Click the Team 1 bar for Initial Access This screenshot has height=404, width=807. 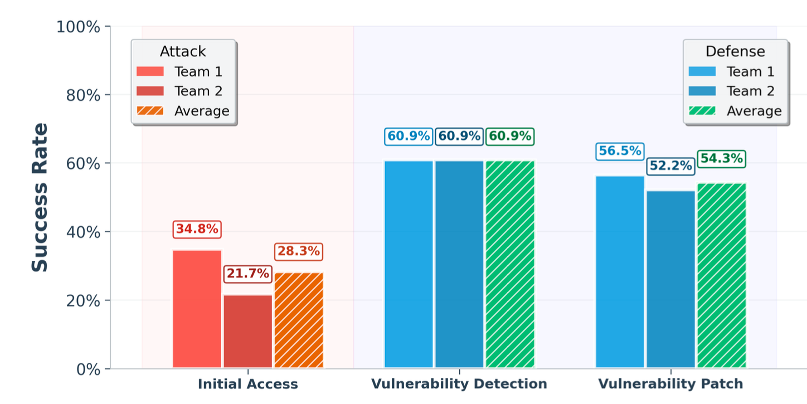[197, 309]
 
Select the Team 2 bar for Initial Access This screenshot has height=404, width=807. [248, 331]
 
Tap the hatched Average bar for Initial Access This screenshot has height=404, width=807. [299, 320]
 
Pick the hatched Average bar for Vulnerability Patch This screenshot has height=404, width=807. [722, 275]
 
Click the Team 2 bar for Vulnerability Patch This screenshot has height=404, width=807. [671, 279]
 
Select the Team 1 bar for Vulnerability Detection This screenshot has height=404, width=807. [409, 264]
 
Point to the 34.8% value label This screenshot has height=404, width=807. [197, 229]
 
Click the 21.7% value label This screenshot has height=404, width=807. [247, 274]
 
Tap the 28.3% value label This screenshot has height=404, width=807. [299, 251]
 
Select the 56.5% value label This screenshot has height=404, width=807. [620, 151]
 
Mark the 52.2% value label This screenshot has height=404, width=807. [670, 166]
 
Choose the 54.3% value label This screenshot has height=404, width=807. [722, 159]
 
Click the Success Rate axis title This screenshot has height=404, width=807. [40, 197]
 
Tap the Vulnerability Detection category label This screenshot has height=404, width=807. [459, 384]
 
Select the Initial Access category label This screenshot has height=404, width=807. [248, 384]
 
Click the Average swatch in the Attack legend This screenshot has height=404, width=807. [150, 110]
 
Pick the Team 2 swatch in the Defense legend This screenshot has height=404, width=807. [702, 91]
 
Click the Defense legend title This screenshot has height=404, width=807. [735, 52]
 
